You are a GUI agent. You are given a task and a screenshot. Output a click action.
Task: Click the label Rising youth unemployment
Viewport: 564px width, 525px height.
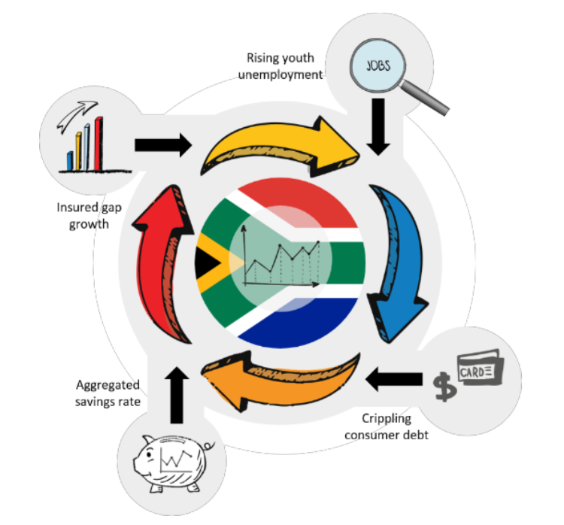284,65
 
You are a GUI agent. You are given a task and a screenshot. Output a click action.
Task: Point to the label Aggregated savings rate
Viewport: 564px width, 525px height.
108,393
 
